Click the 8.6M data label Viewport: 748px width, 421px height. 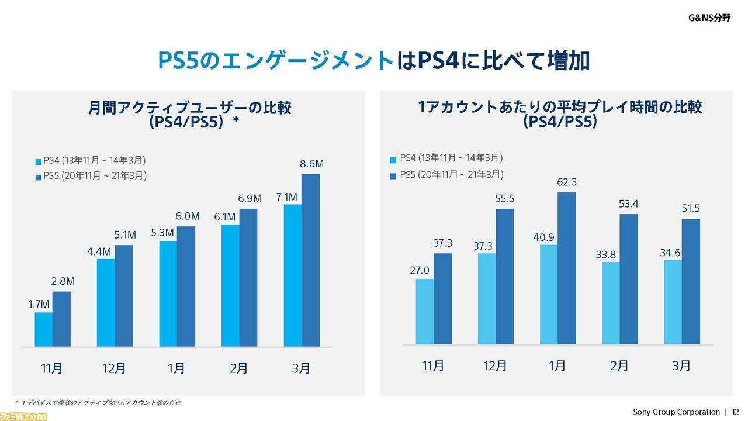[x=311, y=164]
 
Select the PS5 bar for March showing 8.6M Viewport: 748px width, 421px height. [x=311, y=260]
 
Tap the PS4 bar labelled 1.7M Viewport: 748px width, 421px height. [x=44, y=329]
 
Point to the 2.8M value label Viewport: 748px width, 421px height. [x=63, y=282]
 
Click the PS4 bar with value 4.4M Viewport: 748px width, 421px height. [x=106, y=302]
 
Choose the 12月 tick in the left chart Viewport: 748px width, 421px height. [x=113, y=368]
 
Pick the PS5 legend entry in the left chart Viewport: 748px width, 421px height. [x=91, y=176]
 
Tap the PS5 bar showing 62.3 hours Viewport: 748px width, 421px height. [x=567, y=268]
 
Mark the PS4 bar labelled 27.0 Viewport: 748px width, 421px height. [x=425, y=312]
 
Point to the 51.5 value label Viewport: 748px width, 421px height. [x=690, y=209]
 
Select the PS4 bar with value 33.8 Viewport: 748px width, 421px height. [x=611, y=303]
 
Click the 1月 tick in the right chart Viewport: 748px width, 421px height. [x=557, y=366]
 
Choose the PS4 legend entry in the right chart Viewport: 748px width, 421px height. [x=446, y=158]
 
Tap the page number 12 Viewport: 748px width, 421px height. [x=735, y=412]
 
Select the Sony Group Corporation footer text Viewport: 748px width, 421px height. [x=676, y=412]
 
